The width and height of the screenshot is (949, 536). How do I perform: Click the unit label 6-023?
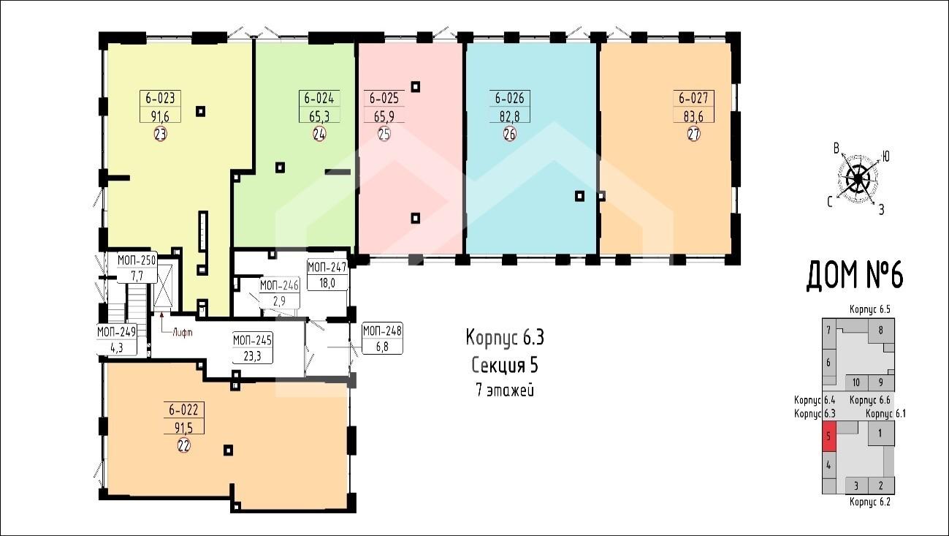pyautogui.click(x=160, y=99)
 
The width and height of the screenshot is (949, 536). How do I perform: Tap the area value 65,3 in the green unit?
pyautogui.click(x=319, y=116)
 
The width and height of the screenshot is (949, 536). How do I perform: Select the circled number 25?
pyautogui.click(x=384, y=134)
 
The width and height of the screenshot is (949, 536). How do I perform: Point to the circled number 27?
pyautogui.click(x=693, y=134)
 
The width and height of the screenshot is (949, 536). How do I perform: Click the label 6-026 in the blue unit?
pyautogui.click(x=510, y=99)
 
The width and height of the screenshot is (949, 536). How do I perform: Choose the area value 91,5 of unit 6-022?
pyautogui.click(x=183, y=428)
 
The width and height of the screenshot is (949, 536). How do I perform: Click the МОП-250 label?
pyautogui.click(x=137, y=260)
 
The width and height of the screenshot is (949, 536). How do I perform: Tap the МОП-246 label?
pyautogui.click(x=279, y=285)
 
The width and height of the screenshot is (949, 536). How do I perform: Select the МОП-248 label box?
pyautogui.click(x=382, y=339)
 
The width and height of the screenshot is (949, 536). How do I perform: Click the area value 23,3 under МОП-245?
pyautogui.click(x=252, y=356)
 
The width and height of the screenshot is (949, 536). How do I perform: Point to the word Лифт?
pyautogui.click(x=183, y=333)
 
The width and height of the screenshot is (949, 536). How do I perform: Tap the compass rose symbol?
pyautogui.click(x=858, y=179)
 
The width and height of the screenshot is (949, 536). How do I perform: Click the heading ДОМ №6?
pyautogui.click(x=855, y=276)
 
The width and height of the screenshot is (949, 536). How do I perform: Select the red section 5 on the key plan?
pyautogui.click(x=829, y=437)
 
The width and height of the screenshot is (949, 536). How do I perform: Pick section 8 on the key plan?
pyautogui.click(x=881, y=331)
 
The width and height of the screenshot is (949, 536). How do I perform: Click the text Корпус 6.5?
pyautogui.click(x=870, y=309)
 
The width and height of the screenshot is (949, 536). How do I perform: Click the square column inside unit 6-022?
pyautogui.click(x=229, y=450)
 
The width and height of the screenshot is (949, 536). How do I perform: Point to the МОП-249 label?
pyautogui.click(x=116, y=331)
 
